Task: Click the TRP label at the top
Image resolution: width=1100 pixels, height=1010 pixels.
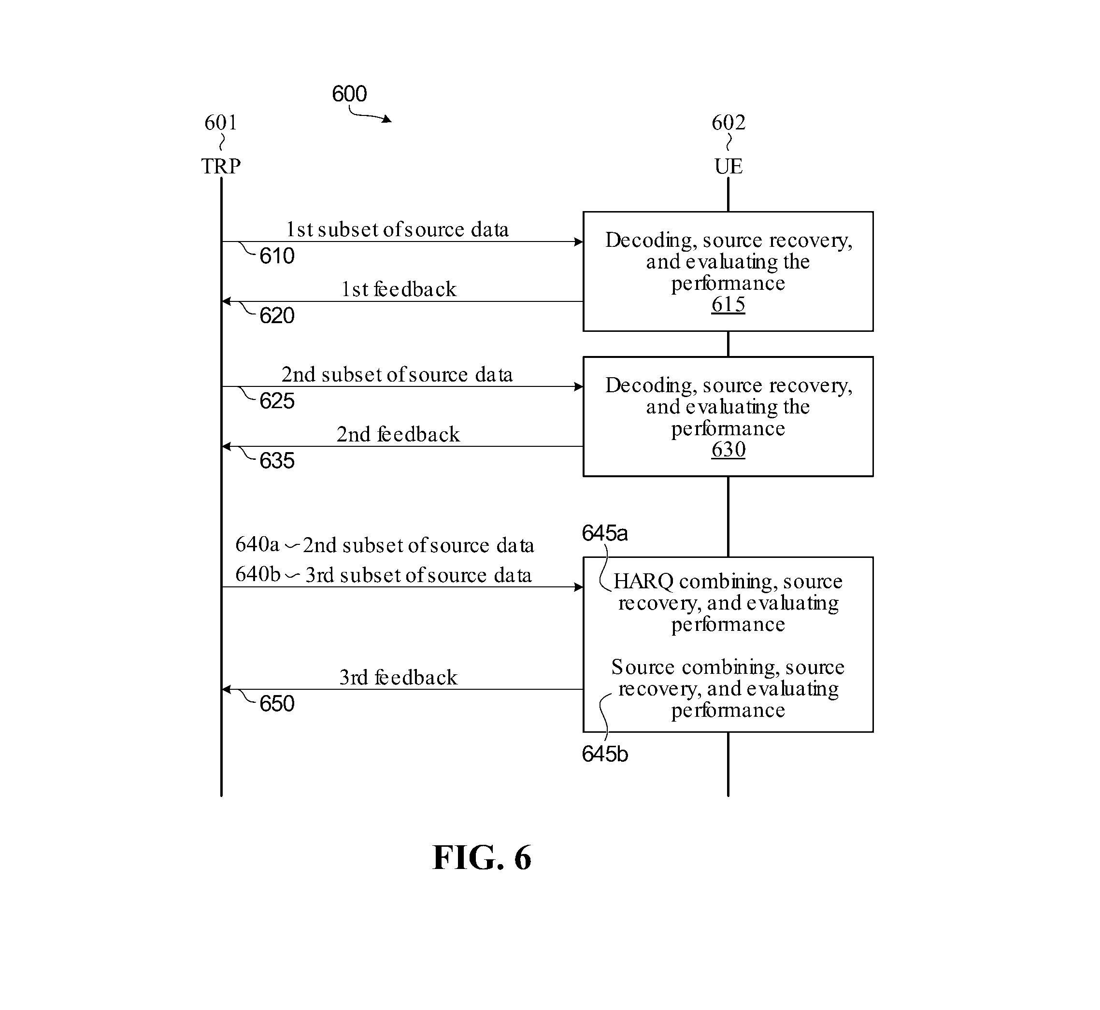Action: pyautogui.click(x=221, y=166)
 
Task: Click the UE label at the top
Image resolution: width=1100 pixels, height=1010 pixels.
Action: pyautogui.click(x=728, y=166)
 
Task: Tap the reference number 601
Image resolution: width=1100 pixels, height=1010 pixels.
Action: pyautogui.click(x=221, y=122)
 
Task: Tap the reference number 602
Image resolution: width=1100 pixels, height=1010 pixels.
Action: pyautogui.click(x=728, y=122)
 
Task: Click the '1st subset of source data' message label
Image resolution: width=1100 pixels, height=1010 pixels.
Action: pyautogui.click(x=398, y=229)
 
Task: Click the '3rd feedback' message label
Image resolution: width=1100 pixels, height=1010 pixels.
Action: pyautogui.click(x=398, y=678)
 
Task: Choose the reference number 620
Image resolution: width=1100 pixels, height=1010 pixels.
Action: pyautogui.click(x=277, y=316)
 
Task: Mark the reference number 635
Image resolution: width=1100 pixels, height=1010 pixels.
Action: pyautogui.click(x=277, y=461)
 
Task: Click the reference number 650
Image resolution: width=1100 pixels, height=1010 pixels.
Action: pyautogui.click(x=277, y=704)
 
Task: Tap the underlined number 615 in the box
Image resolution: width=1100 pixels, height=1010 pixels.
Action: pyautogui.click(x=728, y=304)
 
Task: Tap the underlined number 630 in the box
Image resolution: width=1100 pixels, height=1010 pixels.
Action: pyautogui.click(x=728, y=450)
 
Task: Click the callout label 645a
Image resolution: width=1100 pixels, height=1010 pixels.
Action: pyautogui.click(x=605, y=533)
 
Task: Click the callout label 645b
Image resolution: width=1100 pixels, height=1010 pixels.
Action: pyautogui.click(x=605, y=754)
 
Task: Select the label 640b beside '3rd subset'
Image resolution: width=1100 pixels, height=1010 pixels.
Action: pyautogui.click(x=257, y=574)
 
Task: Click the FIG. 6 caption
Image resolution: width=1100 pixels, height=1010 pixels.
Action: pyautogui.click(x=482, y=857)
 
